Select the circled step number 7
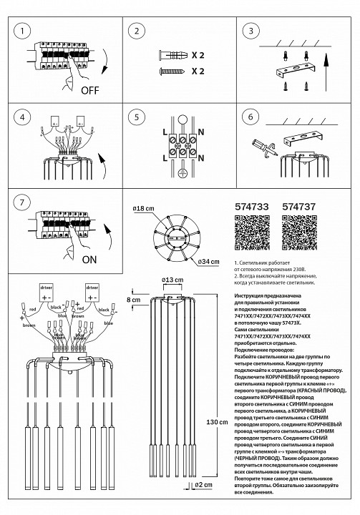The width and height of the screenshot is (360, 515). tap(25, 203)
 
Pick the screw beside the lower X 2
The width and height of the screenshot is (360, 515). tap(172, 71)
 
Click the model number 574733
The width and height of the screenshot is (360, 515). tap(252, 205)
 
